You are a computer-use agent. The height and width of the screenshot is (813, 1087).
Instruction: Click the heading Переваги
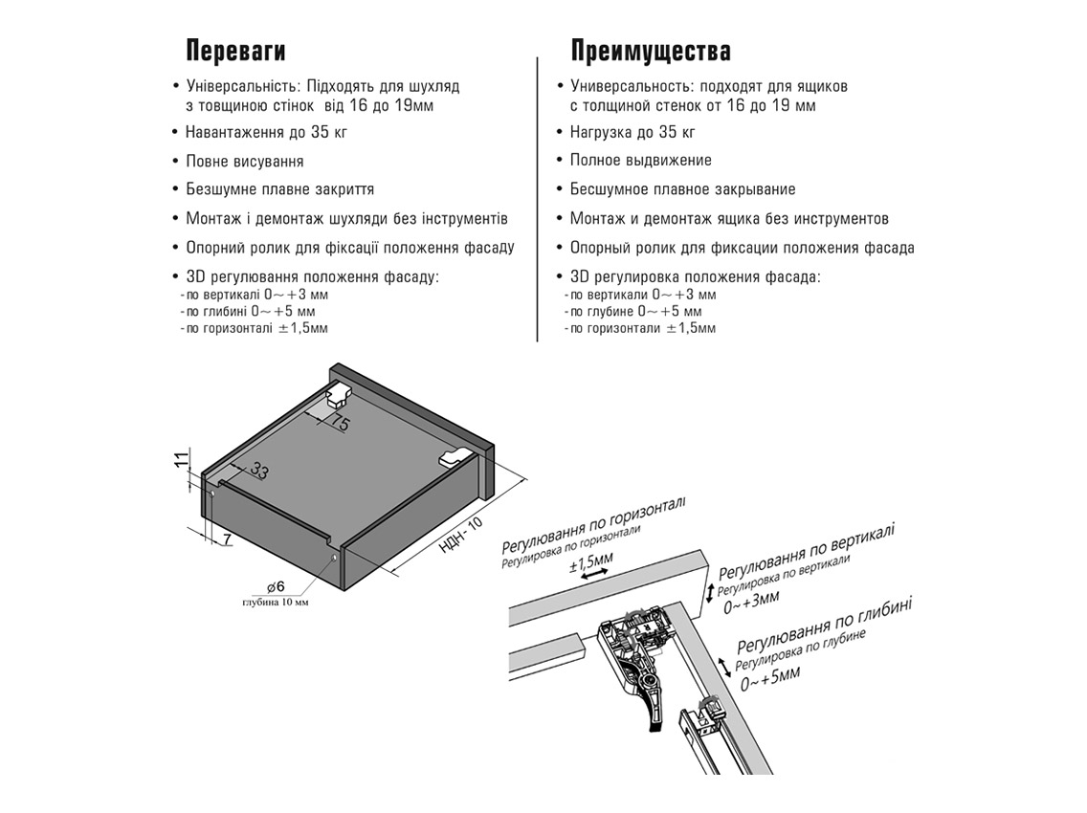235,51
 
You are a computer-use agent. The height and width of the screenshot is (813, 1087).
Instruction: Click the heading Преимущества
651,51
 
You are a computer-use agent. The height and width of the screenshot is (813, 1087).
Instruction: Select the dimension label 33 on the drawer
260,470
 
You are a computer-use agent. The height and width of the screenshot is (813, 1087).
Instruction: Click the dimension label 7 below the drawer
227,540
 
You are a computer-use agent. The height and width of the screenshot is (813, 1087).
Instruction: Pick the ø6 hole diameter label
276,586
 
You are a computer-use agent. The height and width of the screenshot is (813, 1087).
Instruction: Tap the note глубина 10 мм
276,603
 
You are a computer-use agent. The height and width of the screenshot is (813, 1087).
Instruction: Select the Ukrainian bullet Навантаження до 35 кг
266,132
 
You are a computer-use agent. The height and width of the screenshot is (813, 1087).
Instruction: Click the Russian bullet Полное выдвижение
640,161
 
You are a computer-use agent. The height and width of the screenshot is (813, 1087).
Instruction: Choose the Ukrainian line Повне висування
244,161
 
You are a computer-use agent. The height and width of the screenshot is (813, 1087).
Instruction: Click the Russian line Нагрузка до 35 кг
632,132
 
